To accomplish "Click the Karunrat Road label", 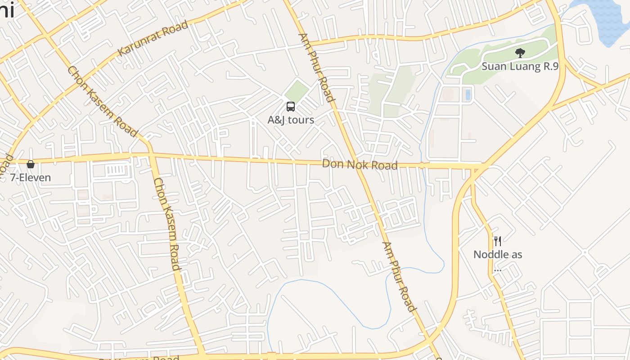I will tap(153, 38).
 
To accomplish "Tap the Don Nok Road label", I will tap(360, 165).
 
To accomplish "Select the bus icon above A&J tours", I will tap(291, 107).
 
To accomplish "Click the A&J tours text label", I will tap(291, 120).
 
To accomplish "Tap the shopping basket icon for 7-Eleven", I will tap(31, 164).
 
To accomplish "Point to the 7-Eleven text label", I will tap(31, 177).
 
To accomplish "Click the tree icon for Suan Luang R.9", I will tap(520, 53).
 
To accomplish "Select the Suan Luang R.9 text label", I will tap(520, 67).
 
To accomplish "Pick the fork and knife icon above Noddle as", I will tap(497, 241).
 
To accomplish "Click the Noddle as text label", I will tap(498, 254).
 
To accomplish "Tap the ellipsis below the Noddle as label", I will tap(497, 270).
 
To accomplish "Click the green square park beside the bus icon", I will tap(297, 90).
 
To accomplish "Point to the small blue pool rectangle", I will tap(468, 94).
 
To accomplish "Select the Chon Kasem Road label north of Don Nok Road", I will tap(102, 102).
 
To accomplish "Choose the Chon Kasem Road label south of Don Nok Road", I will tap(167, 224).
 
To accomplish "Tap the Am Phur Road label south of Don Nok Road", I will tap(398, 276).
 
